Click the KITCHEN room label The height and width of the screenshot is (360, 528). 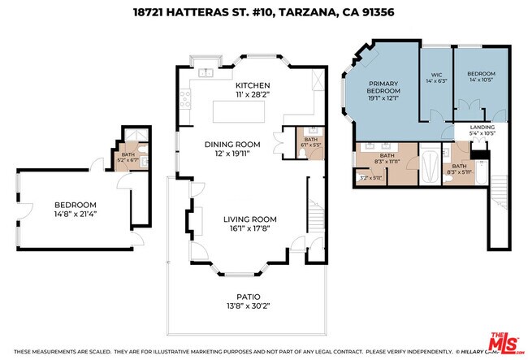pos(253,85)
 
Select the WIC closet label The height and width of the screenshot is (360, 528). pos(435,75)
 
